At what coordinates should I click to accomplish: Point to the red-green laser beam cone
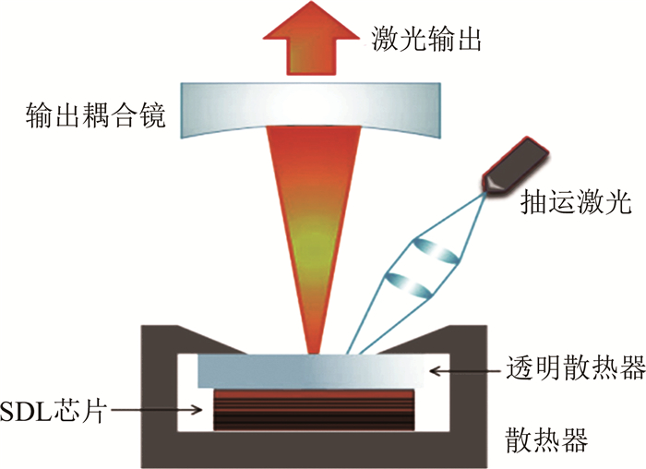[313, 231]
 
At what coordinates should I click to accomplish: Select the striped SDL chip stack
[314, 407]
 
